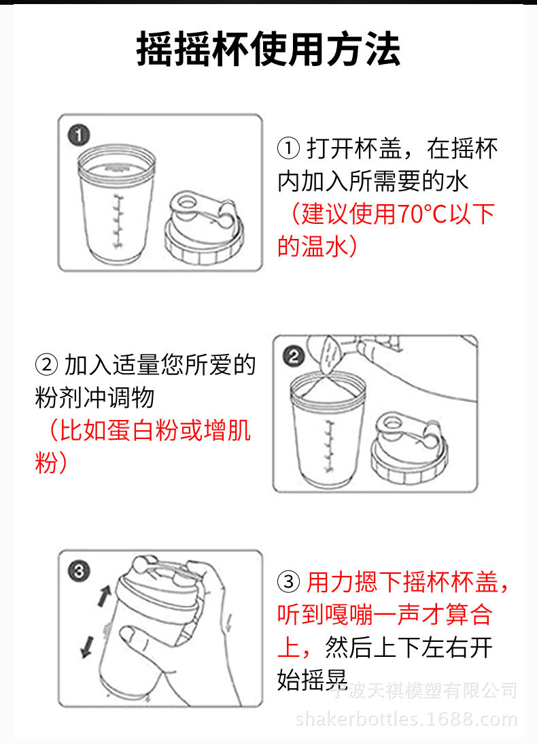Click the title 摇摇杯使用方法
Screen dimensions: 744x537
point(268,49)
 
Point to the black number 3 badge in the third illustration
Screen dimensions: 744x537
point(80,571)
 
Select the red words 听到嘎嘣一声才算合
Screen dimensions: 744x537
point(384,615)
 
